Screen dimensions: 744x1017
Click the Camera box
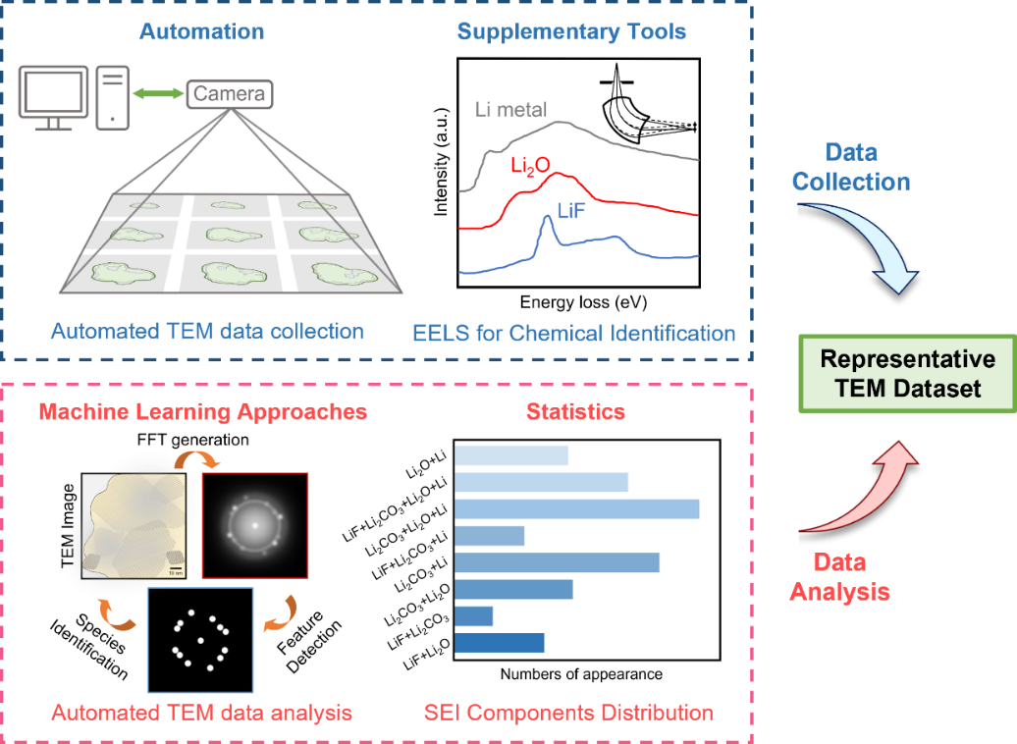coord(229,94)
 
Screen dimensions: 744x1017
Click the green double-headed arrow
coord(157,94)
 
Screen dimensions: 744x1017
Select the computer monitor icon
coord(55,96)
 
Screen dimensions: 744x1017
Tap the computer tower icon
coord(113,96)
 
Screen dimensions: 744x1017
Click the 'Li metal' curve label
coord(510,109)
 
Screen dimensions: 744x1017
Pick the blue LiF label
coord(572,208)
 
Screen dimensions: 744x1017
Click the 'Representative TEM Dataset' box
coord(907,373)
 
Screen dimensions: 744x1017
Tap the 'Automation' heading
coord(201,31)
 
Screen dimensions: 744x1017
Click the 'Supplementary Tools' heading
coord(571,31)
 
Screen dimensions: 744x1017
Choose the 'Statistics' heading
coord(575,410)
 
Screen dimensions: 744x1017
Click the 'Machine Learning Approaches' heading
coord(202,411)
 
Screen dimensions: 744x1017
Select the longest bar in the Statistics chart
coord(576,508)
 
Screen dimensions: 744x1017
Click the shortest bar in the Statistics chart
coord(474,615)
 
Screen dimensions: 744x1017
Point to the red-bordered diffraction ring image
coord(255,525)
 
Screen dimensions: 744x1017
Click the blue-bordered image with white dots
coord(200,640)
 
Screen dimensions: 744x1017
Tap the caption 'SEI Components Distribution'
coord(568,712)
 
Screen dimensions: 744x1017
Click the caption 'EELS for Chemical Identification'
coord(574,332)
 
